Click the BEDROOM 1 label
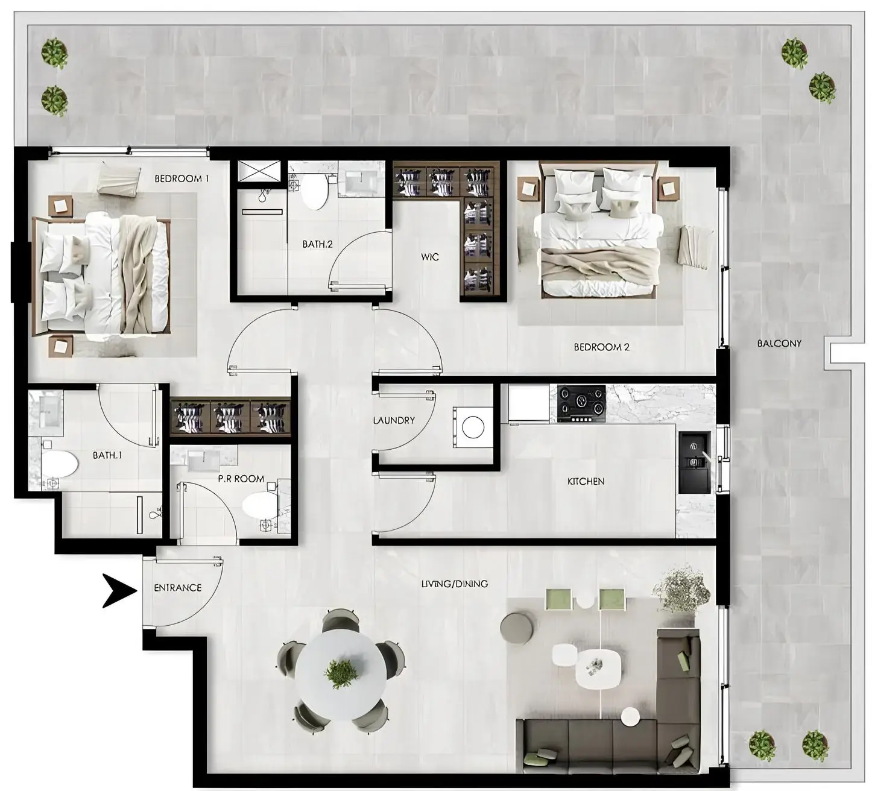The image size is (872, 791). click(x=182, y=178)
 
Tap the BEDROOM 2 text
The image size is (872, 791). click(x=601, y=347)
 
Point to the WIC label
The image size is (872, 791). click(x=429, y=257)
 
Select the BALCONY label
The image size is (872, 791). click(x=779, y=343)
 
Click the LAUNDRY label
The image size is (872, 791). click(x=394, y=420)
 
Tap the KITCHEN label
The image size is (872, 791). click(x=586, y=481)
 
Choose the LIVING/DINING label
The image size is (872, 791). click(x=454, y=584)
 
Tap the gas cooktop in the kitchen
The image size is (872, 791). click(x=581, y=403)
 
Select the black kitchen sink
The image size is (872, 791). click(x=694, y=461)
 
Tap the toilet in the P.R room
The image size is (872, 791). click(x=259, y=505)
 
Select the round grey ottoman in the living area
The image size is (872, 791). click(x=517, y=628)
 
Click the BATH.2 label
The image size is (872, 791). click(x=317, y=245)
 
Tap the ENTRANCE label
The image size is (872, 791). click(x=177, y=587)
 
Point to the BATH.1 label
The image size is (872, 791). click(x=107, y=455)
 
